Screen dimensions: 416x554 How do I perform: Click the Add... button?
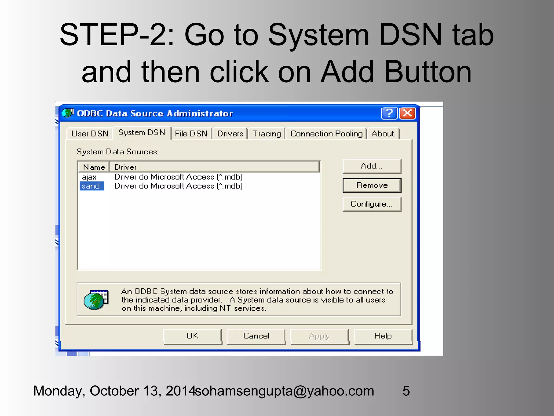[x=372, y=166]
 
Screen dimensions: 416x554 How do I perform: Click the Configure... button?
[x=372, y=204]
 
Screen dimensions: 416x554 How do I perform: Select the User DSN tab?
[x=90, y=134]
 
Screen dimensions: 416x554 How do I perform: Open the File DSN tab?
[x=191, y=134]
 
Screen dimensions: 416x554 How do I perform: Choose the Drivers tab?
[x=230, y=134]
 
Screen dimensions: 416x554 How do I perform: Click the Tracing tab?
[x=267, y=134]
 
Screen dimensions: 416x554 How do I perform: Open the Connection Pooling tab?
[x=326, y=134]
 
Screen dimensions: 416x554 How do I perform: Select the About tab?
[x=382, y=134]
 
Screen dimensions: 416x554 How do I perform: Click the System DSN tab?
[x=142, y=132]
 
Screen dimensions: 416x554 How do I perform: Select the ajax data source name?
[x=89, y=177]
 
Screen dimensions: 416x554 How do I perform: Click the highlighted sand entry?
[x=91, y=186]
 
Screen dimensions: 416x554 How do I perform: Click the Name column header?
[x=94, y=167]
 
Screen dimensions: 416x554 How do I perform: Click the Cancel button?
[x=256, y=336]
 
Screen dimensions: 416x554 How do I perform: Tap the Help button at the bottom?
[x=383, y=336]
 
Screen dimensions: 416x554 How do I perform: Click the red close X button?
[x=408, y=113]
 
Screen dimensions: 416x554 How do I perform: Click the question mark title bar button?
[x=389, y=113]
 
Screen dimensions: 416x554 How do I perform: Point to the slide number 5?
[x=406, y=391]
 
